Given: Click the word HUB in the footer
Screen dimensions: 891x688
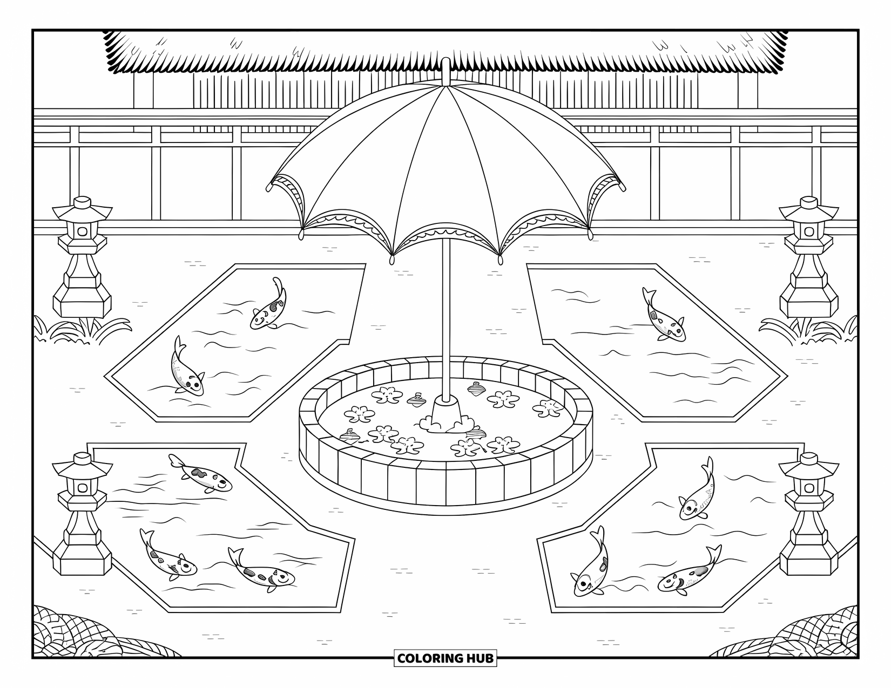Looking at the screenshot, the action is (478, 658).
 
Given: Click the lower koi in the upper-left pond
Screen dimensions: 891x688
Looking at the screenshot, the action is (186, 367).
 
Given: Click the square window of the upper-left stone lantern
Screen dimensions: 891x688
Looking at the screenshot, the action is (83, 231).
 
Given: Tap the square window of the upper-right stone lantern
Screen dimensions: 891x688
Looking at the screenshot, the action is (808, 231).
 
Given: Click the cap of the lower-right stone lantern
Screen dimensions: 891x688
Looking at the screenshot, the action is (808, 459).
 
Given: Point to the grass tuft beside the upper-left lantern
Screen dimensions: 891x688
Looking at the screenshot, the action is (81, 330).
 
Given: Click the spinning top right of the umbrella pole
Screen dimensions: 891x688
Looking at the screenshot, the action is (475, 388).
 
